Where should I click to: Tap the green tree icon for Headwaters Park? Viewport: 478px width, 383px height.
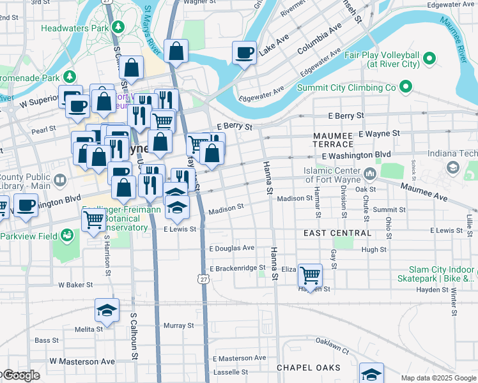(117, 27)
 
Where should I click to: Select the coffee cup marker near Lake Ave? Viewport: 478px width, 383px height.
(244, 52)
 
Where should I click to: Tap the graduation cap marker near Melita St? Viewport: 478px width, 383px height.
(107, 311)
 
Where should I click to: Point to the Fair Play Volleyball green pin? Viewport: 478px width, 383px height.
(429, 59)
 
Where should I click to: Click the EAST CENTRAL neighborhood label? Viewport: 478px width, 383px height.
(337, 233)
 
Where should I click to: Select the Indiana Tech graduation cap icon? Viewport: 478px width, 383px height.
(453, 167)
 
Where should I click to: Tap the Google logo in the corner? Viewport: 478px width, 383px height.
(20, 375)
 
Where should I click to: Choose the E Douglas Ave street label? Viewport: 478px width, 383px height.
(232, 248)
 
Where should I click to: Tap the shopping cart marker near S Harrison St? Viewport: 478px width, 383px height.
(94, 219)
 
